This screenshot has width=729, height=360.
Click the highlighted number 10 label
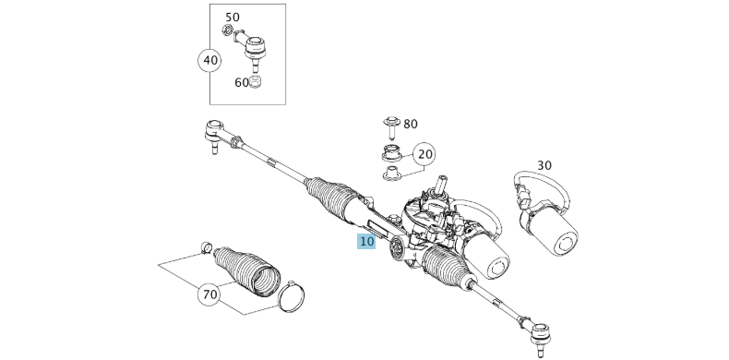[366, 242]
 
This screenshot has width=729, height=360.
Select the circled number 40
[210, 61]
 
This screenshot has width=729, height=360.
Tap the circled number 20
[424, 154]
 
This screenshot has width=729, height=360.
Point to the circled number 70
[210, 294]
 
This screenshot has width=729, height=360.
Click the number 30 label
[544, 165]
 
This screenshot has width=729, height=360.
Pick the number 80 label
[411, 125]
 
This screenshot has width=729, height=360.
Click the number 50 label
[233, 18]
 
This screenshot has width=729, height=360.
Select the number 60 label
[242, 83]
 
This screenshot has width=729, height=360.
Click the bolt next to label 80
[391, 128]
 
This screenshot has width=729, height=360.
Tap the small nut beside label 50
[227, 30]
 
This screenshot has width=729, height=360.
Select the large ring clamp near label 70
[293, 297]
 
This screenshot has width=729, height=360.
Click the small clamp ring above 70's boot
[207, 248]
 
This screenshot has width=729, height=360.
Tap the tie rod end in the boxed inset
[252, 49]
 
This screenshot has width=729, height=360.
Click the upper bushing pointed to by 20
[391, 153]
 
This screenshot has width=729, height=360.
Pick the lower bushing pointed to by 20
[393, 173]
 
